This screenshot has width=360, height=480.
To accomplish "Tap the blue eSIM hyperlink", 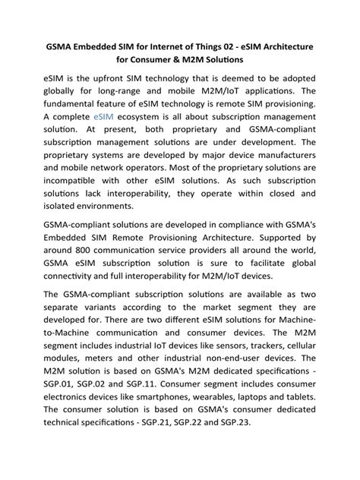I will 105,118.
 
